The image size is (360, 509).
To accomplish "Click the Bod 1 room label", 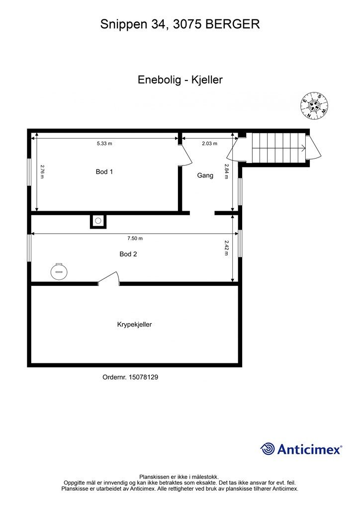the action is click(104, 171).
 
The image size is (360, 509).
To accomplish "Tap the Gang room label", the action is click(205, 175).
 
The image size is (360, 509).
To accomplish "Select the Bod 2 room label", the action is click(128, 254).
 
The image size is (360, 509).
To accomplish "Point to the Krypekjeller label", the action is click(134, 325).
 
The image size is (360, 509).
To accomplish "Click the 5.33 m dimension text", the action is click(104, 144).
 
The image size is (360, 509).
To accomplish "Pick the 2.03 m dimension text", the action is click(209, 144).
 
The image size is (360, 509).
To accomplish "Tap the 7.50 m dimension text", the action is click(135, 238).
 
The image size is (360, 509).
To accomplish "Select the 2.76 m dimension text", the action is click(42, 171).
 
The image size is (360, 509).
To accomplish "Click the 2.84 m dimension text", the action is click(227, 171).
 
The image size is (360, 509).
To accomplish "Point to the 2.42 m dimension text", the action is click(227, 248).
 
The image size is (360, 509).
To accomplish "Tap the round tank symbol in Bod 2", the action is click(59, 271).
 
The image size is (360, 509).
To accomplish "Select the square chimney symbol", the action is click(98, 221).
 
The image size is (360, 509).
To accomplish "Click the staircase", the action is click(279, 148).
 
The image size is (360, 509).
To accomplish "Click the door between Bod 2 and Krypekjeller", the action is click(109, 278).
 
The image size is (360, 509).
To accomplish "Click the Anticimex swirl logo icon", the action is click(268, 449).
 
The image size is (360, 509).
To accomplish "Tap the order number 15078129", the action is click(144, 377).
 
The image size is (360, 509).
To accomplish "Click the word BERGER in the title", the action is click(233, 24).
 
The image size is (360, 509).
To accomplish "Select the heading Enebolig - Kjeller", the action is click(180, 80).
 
